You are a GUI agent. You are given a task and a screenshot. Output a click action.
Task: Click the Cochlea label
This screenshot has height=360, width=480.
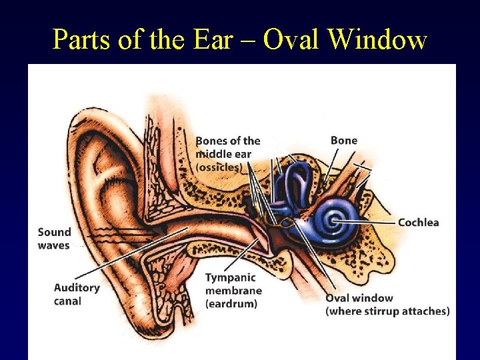(x=418, y=222)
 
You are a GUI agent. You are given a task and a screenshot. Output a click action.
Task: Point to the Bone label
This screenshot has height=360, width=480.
(x=343, y=140)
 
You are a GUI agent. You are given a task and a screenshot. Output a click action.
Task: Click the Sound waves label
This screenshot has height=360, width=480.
(x=54, y=238)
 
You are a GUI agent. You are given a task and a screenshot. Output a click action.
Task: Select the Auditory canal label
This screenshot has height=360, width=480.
(x=76, y=294)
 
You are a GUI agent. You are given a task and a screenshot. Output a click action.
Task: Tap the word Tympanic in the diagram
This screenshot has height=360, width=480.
(x=229, y=278)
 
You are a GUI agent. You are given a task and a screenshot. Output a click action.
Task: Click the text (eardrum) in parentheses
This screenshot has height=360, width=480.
(x=231, y=303)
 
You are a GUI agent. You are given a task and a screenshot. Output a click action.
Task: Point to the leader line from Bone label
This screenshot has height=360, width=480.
(x=333, y=164)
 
